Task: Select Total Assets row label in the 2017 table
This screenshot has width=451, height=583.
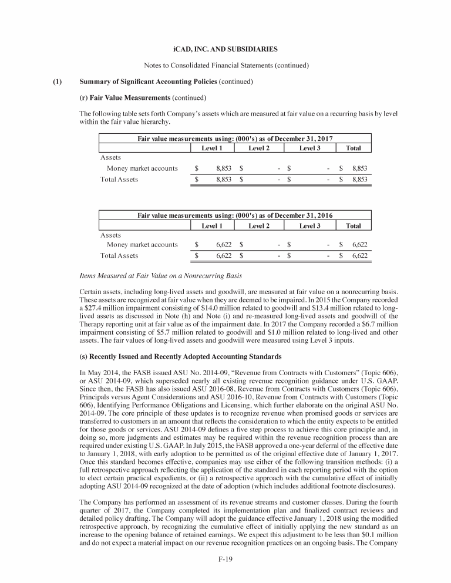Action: tap(119, 179)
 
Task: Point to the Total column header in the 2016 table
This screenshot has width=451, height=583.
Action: tap(354, 225)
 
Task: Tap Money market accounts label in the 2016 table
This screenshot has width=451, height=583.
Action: tap(142, 245)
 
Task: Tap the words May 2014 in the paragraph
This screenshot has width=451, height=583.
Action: tap(100, 373)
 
